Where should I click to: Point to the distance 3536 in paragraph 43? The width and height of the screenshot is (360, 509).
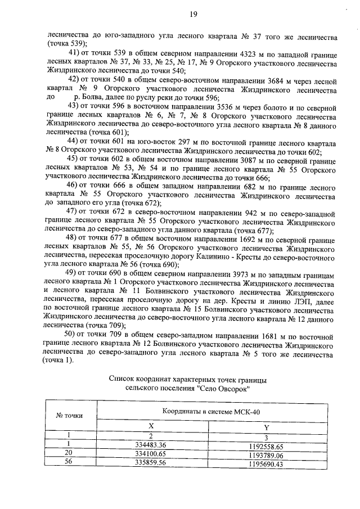click(x=204, y=105)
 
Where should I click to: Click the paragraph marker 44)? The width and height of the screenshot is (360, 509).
click(x=73, y=140)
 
